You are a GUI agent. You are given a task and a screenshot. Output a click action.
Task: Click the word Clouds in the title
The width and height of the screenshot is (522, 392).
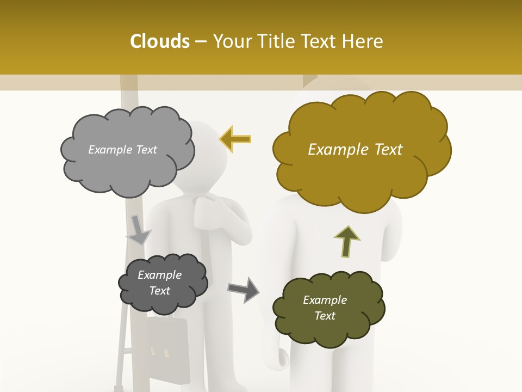point(160,41)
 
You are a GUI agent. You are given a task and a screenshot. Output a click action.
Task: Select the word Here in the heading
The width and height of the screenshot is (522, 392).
point(365,41)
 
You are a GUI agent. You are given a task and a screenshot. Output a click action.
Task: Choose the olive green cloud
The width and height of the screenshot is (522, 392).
point(328,308)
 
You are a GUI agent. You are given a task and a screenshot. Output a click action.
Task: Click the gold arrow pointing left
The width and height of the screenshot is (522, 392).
point(235,139)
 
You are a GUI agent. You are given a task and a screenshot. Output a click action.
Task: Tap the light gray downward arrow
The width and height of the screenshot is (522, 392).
point(138,230)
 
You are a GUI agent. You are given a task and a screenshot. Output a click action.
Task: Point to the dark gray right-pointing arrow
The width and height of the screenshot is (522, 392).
point(243,289)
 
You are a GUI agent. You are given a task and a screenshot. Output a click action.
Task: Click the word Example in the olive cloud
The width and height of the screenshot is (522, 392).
point(325,300)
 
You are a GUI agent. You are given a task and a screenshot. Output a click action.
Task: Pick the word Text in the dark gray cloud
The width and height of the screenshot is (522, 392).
point(159,291)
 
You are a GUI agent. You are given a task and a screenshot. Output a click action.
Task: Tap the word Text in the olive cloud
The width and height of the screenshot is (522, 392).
point(325,316)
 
